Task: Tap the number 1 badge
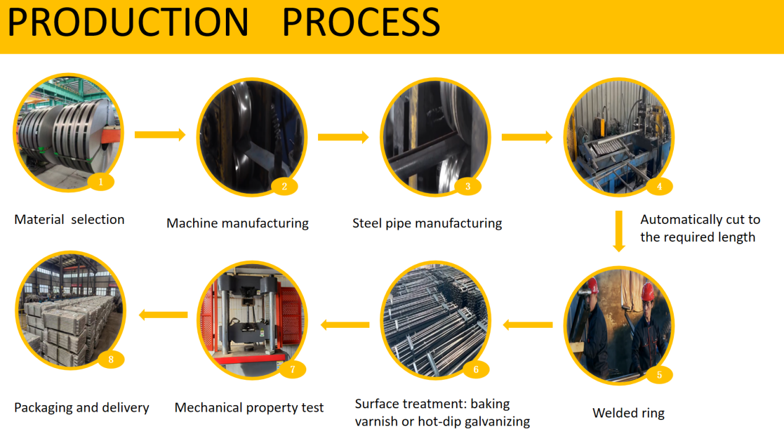tap(101, 182)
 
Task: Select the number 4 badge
tap(660, 186)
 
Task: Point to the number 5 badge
tap(660, 375)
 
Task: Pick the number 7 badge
tap(293, 369)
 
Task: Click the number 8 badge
tap(111, 359)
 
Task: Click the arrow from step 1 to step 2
tap(160, 135)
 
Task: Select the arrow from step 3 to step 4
tap(527, 137)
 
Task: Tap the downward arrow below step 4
tap(619, 231)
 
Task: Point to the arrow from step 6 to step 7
tap(345, 325)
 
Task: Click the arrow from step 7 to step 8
tap(163, 315)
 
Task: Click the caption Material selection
tap(69, 220)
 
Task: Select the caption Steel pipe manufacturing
tap(427, 223)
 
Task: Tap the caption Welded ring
tap(628, 413)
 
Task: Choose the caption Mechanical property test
tap(249, 408)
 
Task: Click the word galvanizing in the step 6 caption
tap(497, 422)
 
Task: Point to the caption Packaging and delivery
tap(82, 408)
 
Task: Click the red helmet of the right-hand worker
tap(648, 293)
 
